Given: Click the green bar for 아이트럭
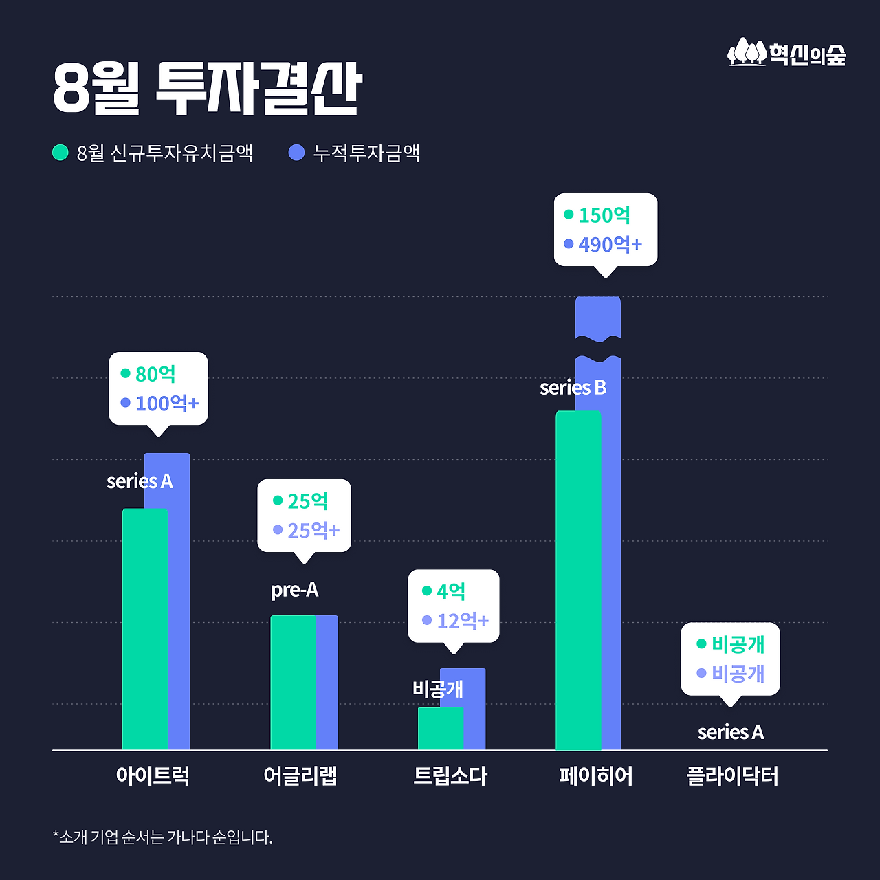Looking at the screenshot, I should coord(144,629).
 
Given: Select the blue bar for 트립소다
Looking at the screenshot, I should coord(474,708).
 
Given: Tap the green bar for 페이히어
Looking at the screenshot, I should coord(577,581).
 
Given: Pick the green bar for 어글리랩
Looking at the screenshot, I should coord(293,682).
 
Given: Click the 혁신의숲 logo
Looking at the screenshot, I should coord(786,53).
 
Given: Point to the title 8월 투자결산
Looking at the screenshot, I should coord(207,89).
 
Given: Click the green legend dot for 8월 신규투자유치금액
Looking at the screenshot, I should coord(60,152).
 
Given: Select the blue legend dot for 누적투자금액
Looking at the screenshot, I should coord(296,152).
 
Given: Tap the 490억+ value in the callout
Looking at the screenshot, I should coord(610,244).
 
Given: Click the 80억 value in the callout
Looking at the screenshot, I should coord(155,374).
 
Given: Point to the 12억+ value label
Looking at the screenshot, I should coord(463,621).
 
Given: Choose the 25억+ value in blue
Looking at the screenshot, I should coord(313,530).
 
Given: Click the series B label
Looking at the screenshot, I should coord(573,388).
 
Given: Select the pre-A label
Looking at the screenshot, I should coord(294,590).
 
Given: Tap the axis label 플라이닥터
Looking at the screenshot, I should coord(732,776).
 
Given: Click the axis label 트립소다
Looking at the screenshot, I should coord(450,776).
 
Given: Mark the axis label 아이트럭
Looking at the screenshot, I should coord(153,776).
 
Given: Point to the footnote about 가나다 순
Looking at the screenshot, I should coord(163,837).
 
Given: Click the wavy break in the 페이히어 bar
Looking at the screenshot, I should coord(598,348).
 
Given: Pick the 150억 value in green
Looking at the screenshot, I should coord(604,215).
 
